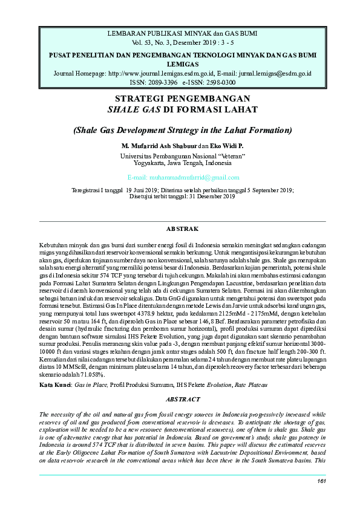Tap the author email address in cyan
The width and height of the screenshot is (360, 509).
tap(183, 177)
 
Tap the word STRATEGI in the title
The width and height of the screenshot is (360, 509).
tap(145, 98)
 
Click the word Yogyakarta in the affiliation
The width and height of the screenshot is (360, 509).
tap(152, 163)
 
